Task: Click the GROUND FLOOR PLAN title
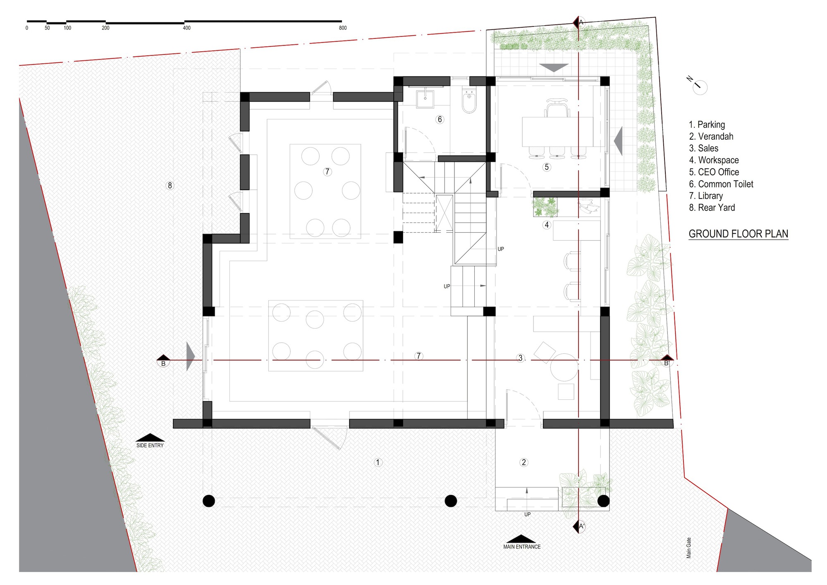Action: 738,234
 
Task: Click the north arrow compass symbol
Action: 699,86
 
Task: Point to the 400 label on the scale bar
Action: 186,28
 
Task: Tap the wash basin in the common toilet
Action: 425,98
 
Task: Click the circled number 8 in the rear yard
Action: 170,186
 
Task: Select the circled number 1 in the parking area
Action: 378,462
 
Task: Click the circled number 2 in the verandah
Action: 523,462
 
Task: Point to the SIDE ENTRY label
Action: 150,445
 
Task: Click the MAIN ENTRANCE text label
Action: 522,547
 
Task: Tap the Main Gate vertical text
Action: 689,548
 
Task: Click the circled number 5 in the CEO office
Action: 547,167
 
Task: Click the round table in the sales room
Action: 564,367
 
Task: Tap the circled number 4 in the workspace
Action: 547,225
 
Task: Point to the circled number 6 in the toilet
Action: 440,119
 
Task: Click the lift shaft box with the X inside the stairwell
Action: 444,213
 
